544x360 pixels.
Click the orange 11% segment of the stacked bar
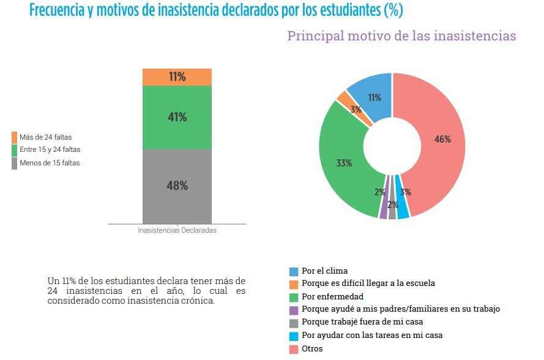(177, 77)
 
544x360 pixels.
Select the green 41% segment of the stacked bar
(177, 117)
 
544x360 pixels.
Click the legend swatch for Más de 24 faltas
(14, 137)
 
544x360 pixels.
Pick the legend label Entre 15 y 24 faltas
(50, 149)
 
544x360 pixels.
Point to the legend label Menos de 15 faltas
(50, 163)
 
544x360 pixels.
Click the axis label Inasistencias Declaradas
(177, 231)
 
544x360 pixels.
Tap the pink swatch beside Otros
(294, 349)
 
